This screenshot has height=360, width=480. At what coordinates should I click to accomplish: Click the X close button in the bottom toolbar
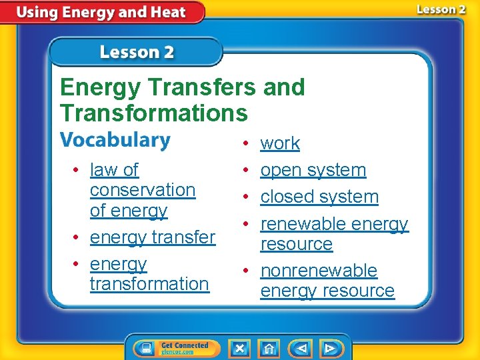[x=239, y=348]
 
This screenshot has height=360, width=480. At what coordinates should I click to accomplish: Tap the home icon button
[x=269, y=348]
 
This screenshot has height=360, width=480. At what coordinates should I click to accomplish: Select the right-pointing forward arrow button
[x=329, y=348]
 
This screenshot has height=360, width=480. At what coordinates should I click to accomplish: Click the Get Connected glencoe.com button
[x=173, y=348]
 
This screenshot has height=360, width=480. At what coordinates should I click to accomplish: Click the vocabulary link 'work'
[x=280, y=143]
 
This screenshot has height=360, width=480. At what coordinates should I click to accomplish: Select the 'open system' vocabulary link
[x=313, y=170]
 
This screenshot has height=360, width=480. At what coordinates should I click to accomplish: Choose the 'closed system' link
[x=319, y=197]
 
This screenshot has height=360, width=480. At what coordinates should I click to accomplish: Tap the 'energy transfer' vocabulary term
[x=152, y=237]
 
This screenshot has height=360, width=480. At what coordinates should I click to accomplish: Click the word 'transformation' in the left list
[x=149, y=283]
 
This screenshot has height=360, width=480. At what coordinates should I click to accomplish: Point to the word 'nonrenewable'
[x=319, y=271]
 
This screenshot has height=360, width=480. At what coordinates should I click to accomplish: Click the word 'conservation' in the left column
[x=143, y=190]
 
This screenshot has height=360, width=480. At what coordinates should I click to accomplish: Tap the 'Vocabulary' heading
[x=115, y=141]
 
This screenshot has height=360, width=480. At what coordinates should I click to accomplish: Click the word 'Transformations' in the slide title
[x=153, y=112]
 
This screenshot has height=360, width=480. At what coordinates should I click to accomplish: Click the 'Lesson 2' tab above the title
[x=137, y=52]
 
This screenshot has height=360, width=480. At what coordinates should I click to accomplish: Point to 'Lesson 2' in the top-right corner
[x=441, y=9]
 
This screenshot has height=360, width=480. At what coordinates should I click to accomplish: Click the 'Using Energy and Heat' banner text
[x=101, y=12]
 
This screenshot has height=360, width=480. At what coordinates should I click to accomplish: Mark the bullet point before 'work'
[x=246, y=143]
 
